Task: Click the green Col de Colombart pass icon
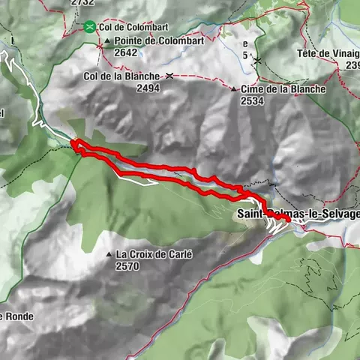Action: coord(89,27)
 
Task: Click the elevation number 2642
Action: coord(127,52)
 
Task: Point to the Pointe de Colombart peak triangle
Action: coord(108,41)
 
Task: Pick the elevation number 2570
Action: coord(127,265)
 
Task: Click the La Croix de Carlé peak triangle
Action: coord(109,254)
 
